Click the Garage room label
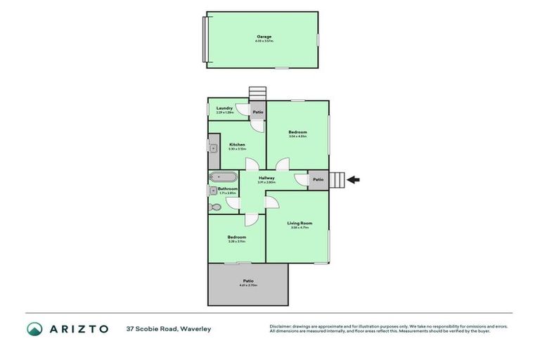point(264,37)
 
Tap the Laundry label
point(214,108)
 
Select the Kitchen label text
point(236,145)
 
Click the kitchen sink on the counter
point(212,148)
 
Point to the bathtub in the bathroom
point(223,177)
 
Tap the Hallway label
point(266,178)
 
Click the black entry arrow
point(354,179)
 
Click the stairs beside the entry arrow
point(337,180)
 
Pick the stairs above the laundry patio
point(258,94)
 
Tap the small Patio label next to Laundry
point(258,112)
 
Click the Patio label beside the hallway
point(318,179)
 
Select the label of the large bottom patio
point(247,281)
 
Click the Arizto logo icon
point(34,328)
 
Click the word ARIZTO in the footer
point(77,328)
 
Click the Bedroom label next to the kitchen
point(297,132)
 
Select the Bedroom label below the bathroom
point(236,237)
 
